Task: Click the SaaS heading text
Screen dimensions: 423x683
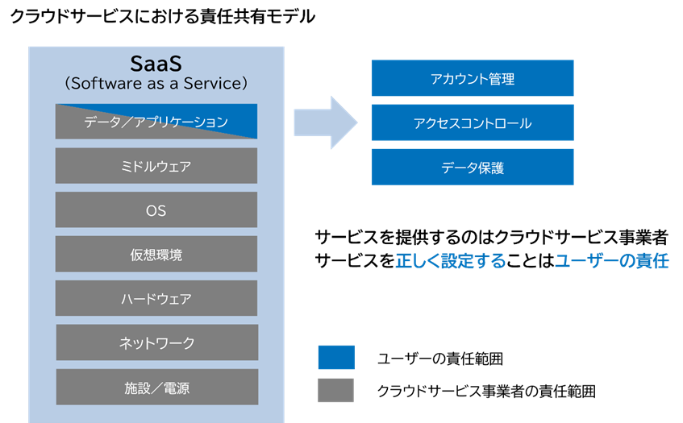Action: tap(156, 63)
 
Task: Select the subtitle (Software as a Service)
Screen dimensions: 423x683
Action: tap(156, 83)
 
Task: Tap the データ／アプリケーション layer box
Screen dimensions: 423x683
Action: tap(156, 122)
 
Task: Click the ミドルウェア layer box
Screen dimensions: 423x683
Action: tap(156, 166)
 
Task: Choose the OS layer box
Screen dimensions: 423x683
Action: tap(156, 209)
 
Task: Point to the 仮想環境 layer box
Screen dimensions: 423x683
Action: tap(156, 254)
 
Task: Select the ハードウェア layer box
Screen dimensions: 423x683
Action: tap(156, 298)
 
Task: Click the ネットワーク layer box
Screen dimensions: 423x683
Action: tap(156, 342)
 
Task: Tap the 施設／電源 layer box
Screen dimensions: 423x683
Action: tap(156, 387)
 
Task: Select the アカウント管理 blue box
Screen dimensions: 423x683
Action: tap(472, 78)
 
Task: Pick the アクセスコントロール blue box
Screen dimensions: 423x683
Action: tap(472, 122)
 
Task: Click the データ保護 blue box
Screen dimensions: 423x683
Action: tap(472, 167)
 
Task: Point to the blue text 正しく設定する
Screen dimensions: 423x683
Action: tap(450, 261)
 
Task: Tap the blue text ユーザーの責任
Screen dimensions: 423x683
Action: tap(610, 261)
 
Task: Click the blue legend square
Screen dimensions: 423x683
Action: tap(335, 357)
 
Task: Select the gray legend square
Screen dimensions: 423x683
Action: tap(335, 390)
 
